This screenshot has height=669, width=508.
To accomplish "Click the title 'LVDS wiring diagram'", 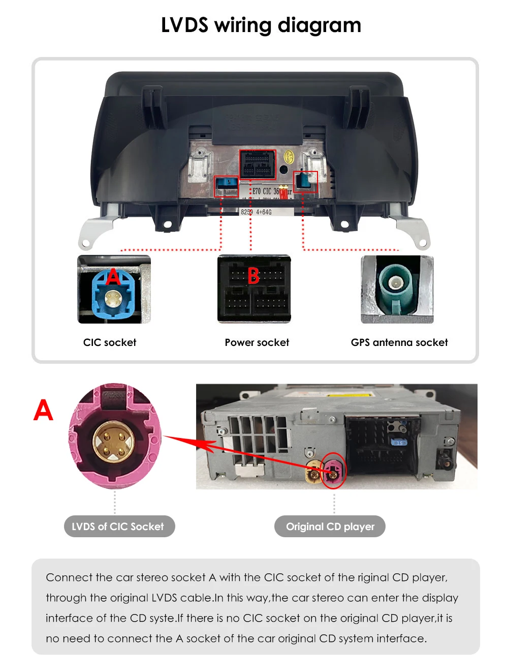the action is coord(261,25).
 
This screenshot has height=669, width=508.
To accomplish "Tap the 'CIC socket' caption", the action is coord(110,342).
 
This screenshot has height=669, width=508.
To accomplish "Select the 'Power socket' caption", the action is coord(257,342).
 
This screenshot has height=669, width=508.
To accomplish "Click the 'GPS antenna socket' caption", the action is coord(399,342).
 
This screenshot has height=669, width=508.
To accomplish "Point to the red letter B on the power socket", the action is coord(253,276).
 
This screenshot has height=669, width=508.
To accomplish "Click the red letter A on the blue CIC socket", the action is coord(113,277).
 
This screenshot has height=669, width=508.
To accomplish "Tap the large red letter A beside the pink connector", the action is coord(43,410).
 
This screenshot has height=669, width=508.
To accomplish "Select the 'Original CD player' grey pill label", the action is coord(330,527).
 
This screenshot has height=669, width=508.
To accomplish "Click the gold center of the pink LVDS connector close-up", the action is coord(114,441).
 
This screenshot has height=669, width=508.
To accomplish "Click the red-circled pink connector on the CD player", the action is coord(334,470).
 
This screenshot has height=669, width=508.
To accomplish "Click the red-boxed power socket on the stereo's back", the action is coord(258,164).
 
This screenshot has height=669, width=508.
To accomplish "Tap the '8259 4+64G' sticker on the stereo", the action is coord(257,212).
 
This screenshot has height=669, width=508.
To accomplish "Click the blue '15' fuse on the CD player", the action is coord(400,443).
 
